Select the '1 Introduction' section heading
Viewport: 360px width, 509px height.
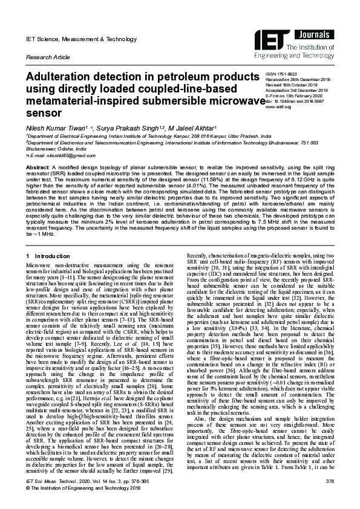(50, 258)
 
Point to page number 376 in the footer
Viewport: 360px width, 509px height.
(330, 482)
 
